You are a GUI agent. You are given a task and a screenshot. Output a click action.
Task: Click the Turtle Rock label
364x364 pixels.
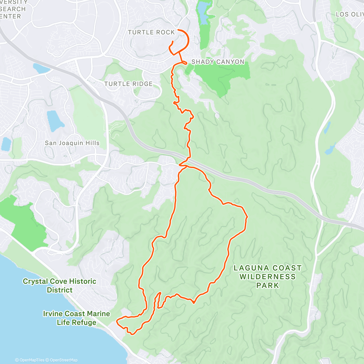(x=151, y=32)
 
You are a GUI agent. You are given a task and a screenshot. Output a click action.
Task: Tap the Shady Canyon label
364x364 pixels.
(x=218, y=62)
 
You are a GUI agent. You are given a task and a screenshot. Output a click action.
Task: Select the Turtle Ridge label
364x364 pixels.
(x=128, y=84)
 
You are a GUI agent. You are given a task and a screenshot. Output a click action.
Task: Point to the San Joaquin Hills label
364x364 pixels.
(x=72, y=143)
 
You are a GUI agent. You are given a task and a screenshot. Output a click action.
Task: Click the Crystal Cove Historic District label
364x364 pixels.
(x=59, y=285)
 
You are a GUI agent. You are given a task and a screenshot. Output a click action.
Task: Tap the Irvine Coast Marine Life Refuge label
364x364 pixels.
(x=76, y=318)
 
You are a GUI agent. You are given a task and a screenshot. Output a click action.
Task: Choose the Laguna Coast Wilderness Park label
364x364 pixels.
(x=268, y=277)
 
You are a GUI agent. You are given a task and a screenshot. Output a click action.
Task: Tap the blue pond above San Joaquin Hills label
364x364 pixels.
(x=55, y=120)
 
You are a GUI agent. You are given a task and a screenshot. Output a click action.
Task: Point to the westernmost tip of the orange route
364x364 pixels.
(x=117, y=320)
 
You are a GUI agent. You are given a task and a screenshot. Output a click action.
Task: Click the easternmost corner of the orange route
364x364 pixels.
(x=248, y=217)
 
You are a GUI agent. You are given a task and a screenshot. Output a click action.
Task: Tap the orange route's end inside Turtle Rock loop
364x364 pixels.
(x=173, y=41)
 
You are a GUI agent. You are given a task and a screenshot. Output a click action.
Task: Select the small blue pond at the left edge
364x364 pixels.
(x=6, y=144)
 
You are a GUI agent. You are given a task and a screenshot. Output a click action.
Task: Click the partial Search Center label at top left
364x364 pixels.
(x=12, y=9)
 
